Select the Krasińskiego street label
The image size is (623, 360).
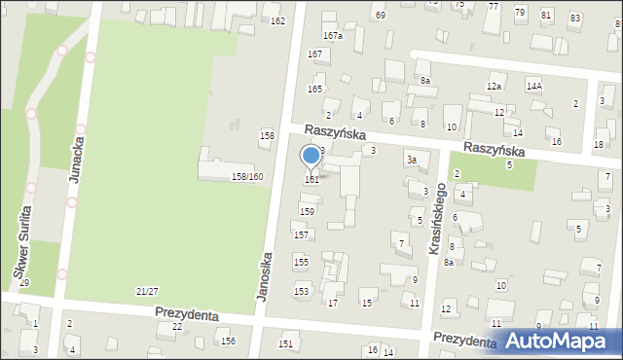pos(438,220)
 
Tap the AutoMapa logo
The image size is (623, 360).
pos(556,341)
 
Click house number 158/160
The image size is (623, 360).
pos(247,176)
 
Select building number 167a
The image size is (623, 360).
pos(333,36)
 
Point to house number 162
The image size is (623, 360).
pos(277,21)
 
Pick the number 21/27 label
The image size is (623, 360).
pos(147,292)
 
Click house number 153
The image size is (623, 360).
pos(302,291)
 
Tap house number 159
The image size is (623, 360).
pos(307,211)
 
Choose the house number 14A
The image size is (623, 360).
pos(534,86)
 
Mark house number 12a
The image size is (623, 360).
pos(495,87)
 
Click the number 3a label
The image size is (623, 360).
pos(412,160)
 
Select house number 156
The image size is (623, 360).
pos(228,341)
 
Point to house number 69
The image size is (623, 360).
pos(380,16)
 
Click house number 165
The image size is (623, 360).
pos(314,89)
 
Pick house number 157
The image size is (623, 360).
pos(302,234)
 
